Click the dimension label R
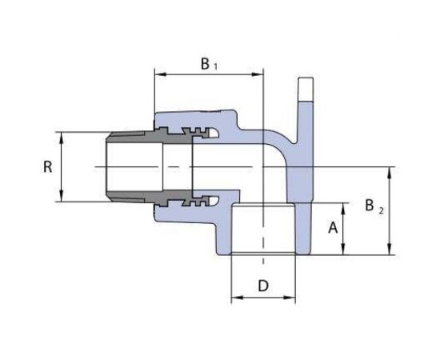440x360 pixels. (48, 167)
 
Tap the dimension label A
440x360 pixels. (331, 227)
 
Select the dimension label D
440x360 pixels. (263, 286)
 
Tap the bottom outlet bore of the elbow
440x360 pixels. (263, 232)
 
